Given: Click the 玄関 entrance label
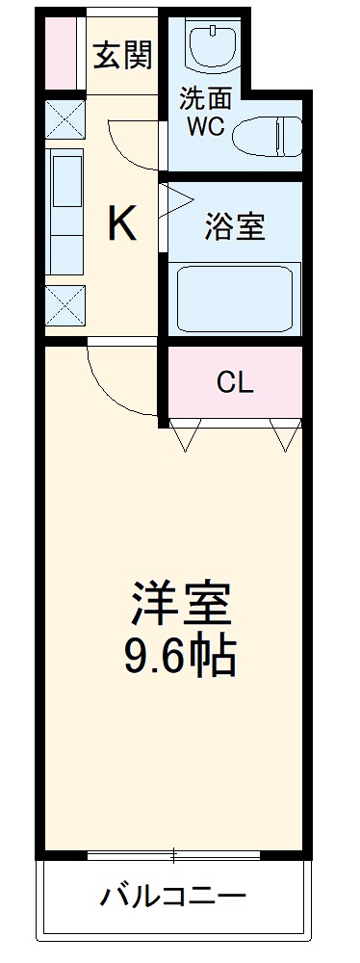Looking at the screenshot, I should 122,56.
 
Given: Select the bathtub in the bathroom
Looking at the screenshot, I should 234,299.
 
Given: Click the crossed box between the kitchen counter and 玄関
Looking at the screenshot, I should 64,120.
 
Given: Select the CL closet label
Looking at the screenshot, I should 234,383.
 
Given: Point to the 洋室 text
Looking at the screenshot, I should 181,604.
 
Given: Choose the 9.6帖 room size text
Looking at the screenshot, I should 180,657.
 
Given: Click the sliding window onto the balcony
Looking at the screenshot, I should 174,854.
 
